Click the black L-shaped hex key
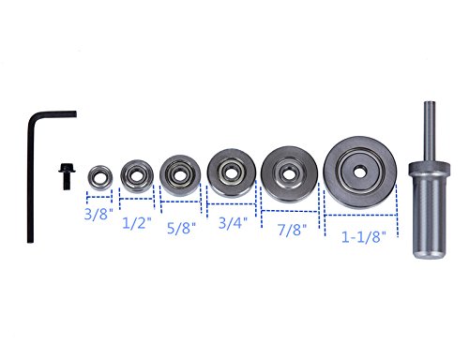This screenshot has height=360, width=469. coord(30,175)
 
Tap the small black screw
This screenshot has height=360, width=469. coord(67,176)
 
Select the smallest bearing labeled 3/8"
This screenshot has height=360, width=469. coord(99,177)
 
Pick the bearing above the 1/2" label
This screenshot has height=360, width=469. coord(137,176)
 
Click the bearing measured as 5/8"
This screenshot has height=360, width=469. coord(180,175)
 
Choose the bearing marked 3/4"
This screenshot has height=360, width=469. coord(232,173)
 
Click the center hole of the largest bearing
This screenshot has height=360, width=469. coord(360,172)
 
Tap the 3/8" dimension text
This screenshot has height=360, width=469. coord(98,214)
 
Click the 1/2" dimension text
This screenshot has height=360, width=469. coord(137,223)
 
